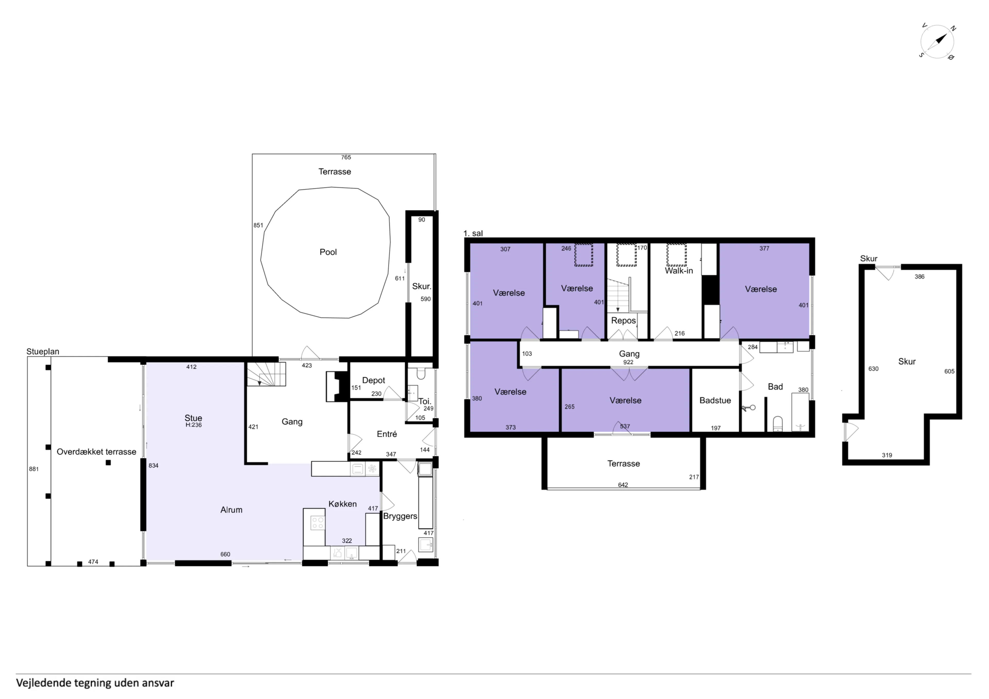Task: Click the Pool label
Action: (328, 252)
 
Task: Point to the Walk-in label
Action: (679, 271)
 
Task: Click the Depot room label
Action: (373, 380)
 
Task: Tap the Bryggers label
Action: (400, 516)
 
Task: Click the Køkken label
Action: (343, 504)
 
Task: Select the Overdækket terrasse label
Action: (97, 452)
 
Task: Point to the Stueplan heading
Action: (43, 351)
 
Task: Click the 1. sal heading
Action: (473, 234)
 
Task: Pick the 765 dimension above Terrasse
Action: (346, 158)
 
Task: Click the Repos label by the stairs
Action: (623, 321)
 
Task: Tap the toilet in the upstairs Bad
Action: (778, 423)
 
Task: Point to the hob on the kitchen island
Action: (318, 523)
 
